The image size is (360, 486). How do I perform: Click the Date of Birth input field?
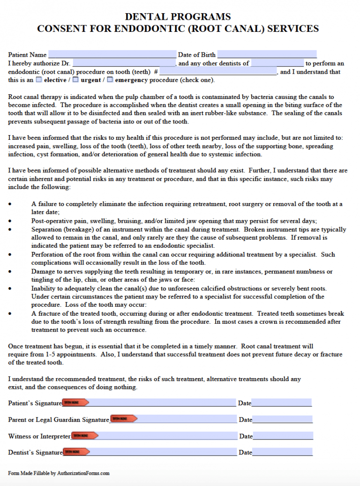click(x=267, y=54)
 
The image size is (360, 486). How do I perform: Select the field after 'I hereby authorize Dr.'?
click(x=124, y=63)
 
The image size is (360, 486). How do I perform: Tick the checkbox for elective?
click(x=39, y=80)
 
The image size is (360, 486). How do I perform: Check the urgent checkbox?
click(x=75, y=80)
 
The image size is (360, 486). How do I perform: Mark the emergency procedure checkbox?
click(x=110, y=80)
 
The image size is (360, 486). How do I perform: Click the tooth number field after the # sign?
click(x=218, y=72)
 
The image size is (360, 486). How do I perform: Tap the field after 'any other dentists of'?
click(x=277, y=63)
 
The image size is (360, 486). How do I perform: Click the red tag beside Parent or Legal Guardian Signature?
click(x=123, y=419)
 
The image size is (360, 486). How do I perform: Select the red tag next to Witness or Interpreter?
click(x=84, y=436)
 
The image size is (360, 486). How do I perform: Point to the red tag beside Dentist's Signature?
click(x=76, y=452)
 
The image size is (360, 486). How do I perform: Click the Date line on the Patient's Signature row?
click(x=281, y=403)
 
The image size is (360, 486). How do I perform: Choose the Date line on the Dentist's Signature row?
click(x=282, y=452)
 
